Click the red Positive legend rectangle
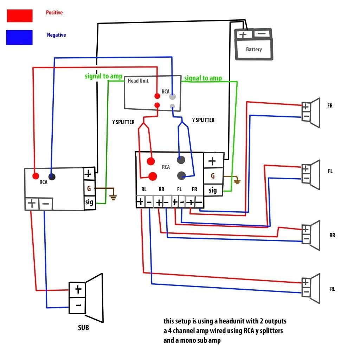(x=19, y=15)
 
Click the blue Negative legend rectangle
(x=19, y=37)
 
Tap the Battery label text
(x=253, y=49)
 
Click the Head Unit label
(x=138, y=81)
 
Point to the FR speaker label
(x=330, y=105)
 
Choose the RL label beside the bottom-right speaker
(x=332, y=289)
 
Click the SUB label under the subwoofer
(x=83, y=328)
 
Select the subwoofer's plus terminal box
(x=78, y=289)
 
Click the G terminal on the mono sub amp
(x=89, y=188)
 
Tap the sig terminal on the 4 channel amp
(x=213, y=190)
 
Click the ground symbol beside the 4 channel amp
(x=238, y=181)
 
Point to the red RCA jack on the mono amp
(x=36, y=176)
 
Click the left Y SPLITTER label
(x=123, y=122)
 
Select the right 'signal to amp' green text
(x=203, y=78)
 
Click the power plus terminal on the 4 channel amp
(x=212, y=161)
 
